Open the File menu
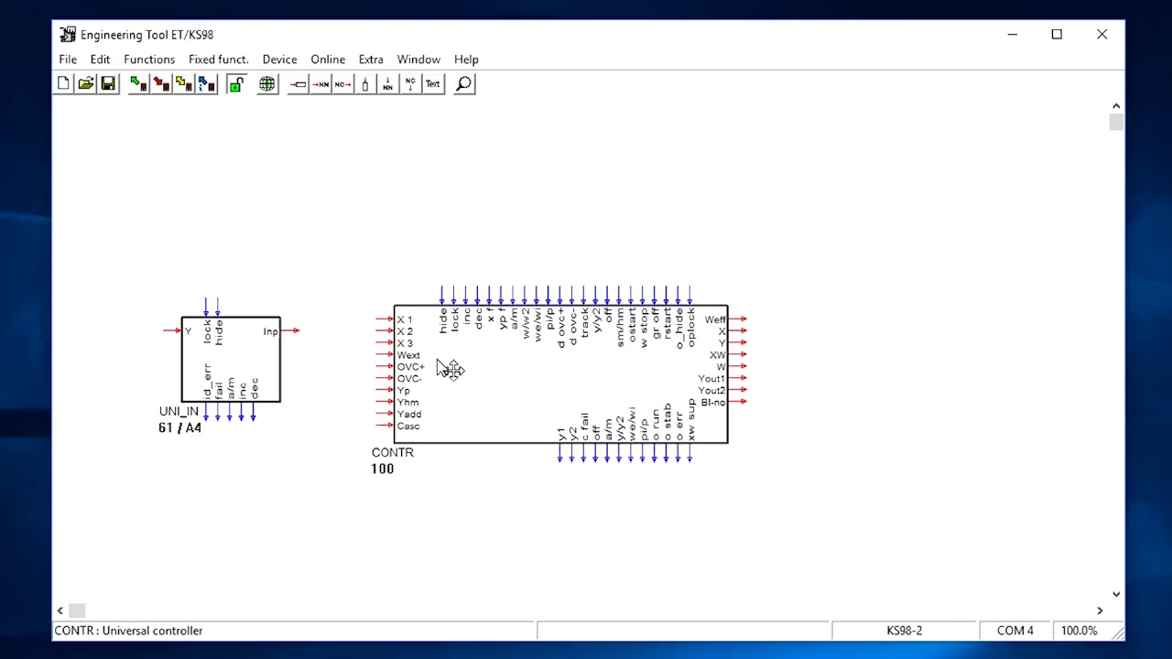[x=68, y=59]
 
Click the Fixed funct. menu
[x=218, y=59]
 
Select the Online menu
[x=328, y=59]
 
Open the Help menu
[x=466, y=59]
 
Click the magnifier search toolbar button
[x=464, y=84]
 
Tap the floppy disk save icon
[x=108, y=84]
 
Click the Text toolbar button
[x=433, y=84]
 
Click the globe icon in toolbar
[x=267, y=84]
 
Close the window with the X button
[x=1101, y=35]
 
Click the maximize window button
[x=1057, y=35]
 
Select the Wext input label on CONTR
[x=408, y=355]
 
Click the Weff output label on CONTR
[x=714, y=319]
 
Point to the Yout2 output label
[x=711, y=391]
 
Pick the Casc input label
[x=408, y=427]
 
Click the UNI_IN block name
[x=179, y=412]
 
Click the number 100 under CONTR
[x=383, y=469]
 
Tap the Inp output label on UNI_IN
[x=270, y=331]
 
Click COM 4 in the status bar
[x=1015, y=631]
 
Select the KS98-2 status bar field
[x=904, y=631]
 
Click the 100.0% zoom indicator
[x=1079, y=631]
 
